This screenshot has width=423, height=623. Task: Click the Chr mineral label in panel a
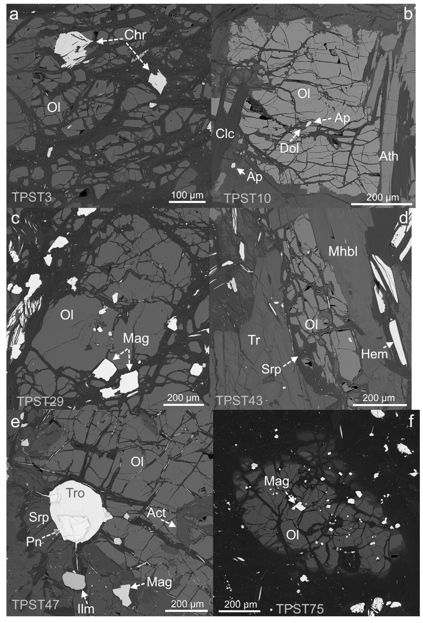tap(135, 35)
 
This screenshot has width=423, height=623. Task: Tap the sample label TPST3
tap(32, 197)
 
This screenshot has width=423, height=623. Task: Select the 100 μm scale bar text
tap(187, 195)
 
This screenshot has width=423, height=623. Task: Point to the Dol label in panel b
tap(289, 148)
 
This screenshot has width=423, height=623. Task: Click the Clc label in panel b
tap(225, 133)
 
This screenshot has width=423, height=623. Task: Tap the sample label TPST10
tap(248, 199)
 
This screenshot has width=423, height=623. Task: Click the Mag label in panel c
tap(136, 339)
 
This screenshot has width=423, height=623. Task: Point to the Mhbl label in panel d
tap(343, 251)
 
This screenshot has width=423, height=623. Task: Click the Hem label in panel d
tap(374, 354)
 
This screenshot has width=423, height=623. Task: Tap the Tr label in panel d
tap(254, 340)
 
